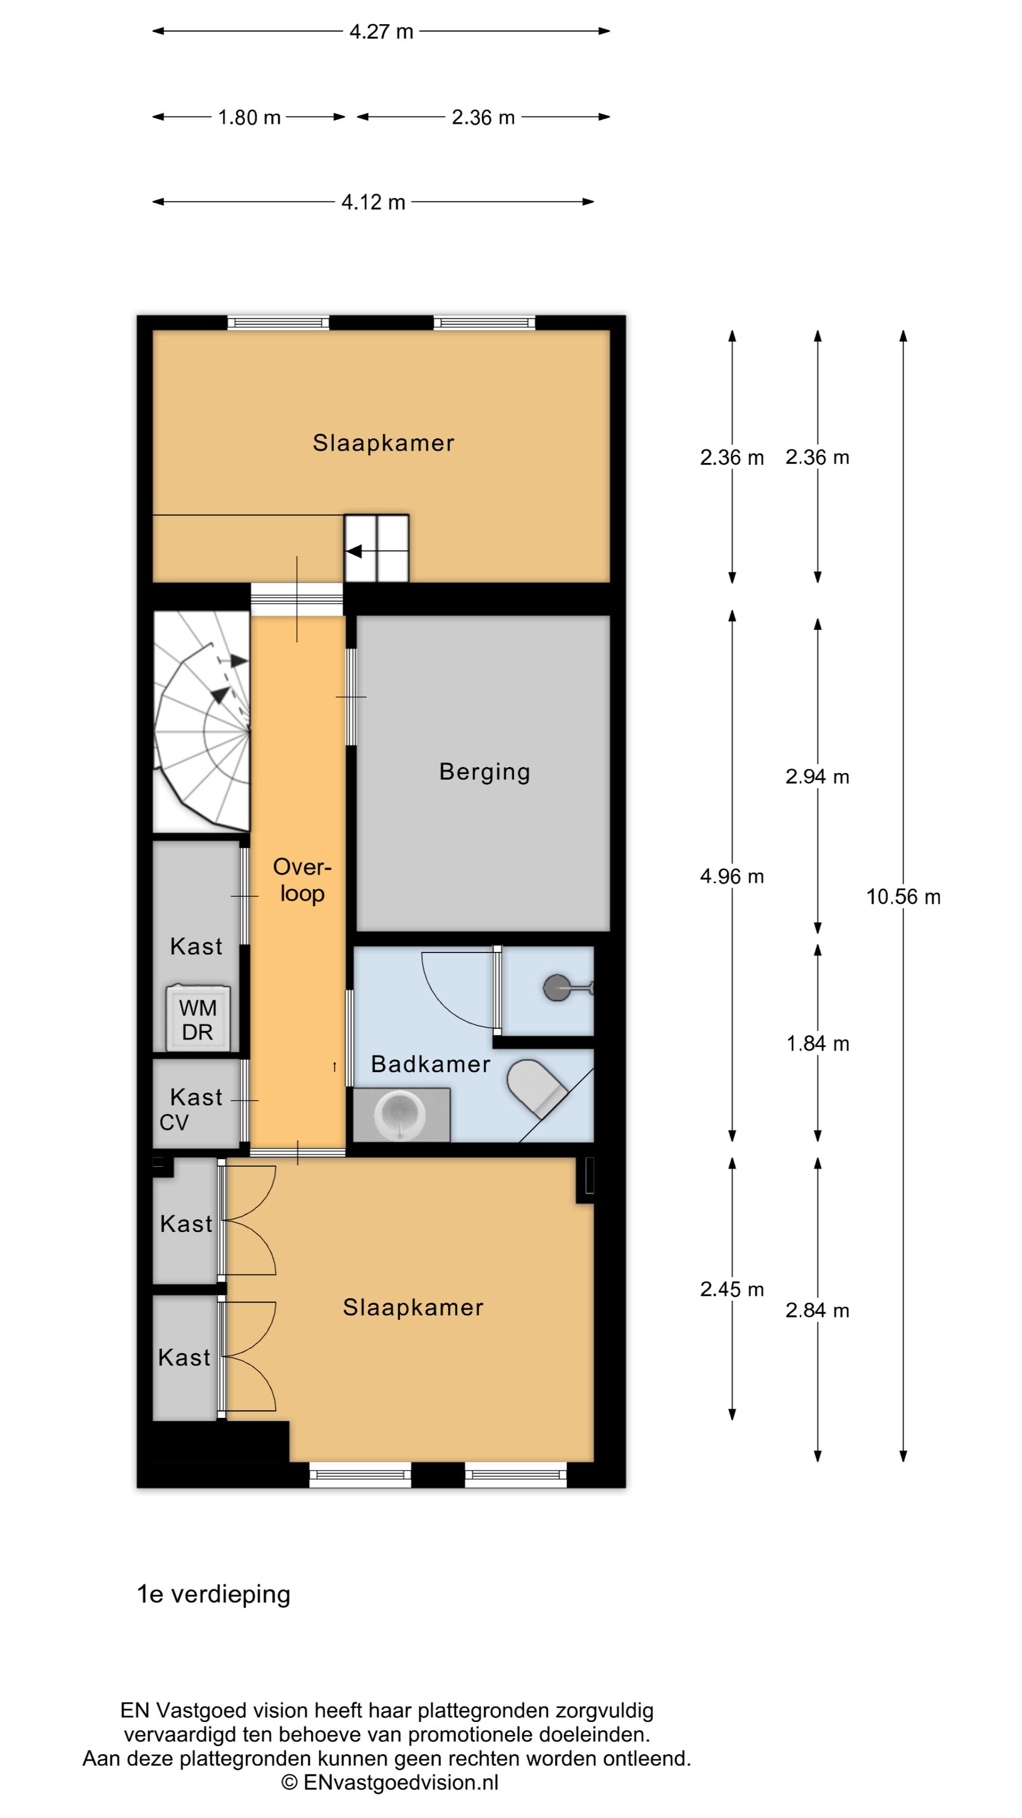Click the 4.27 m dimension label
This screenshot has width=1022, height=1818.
381,32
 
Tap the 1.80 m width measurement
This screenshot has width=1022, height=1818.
249,117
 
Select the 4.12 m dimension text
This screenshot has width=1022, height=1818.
373,203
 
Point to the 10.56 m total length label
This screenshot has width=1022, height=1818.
903,897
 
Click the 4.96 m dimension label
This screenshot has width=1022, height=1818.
731,876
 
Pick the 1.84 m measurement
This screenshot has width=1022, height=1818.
818,1044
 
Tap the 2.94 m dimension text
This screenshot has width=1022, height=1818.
818,777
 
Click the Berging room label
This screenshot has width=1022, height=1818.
485,773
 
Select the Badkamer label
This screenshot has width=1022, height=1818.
430,1064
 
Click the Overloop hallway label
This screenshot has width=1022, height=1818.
302,880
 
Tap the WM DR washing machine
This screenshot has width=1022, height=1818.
197,1018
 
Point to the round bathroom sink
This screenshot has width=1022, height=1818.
401,1115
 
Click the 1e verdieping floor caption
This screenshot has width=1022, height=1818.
214,1594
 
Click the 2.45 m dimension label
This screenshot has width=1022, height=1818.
731,1289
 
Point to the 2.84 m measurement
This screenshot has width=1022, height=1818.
818,1310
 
